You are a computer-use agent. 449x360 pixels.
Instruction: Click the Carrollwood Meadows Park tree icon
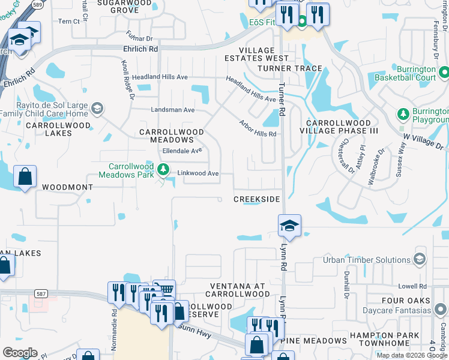coord(162,170)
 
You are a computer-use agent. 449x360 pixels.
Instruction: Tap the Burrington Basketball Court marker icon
coord(444,73)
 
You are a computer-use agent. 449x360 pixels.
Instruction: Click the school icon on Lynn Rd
coord(289,226)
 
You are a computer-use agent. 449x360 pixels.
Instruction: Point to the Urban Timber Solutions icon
coord(420,260)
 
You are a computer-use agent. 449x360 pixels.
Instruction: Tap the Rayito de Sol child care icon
coord(97,109)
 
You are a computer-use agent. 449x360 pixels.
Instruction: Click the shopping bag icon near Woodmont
coord(25,177)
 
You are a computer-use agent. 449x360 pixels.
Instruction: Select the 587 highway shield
coord(41,293)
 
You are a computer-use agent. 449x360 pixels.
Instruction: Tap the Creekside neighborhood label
coord(256,199)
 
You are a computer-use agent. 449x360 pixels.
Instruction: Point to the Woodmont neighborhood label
coord(67,187)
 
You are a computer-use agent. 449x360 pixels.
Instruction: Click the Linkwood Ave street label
coord(198,173)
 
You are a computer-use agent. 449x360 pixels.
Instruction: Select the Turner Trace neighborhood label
coord(290,68)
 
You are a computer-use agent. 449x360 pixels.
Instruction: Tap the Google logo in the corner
coord(20,353)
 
